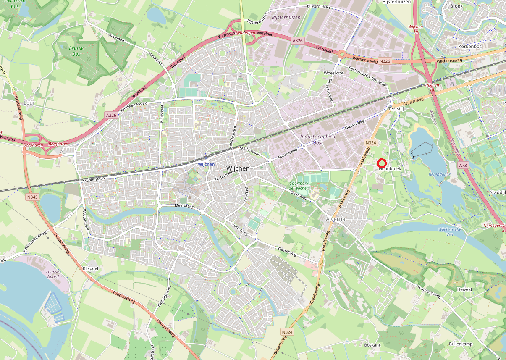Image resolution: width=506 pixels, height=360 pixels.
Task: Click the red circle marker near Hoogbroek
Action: point(382,164)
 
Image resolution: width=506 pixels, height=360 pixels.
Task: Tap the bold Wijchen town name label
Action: point(238,168)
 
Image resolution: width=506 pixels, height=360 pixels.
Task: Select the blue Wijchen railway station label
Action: point(206,164)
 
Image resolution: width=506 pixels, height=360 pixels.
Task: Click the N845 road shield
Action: point(31,197)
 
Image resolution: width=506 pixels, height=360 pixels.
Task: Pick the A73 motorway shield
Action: point(463,166)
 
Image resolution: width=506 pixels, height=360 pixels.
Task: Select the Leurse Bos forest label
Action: point(76,51)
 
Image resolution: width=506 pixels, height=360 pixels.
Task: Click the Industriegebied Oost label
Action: point(317,140)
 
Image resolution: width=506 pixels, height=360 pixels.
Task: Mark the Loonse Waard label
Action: point(52,274)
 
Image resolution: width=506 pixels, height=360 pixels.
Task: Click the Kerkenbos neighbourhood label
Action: point(469,46)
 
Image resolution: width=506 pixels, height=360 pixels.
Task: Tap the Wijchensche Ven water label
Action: point(450,232)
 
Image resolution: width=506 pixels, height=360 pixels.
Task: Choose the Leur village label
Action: point(29,102)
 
